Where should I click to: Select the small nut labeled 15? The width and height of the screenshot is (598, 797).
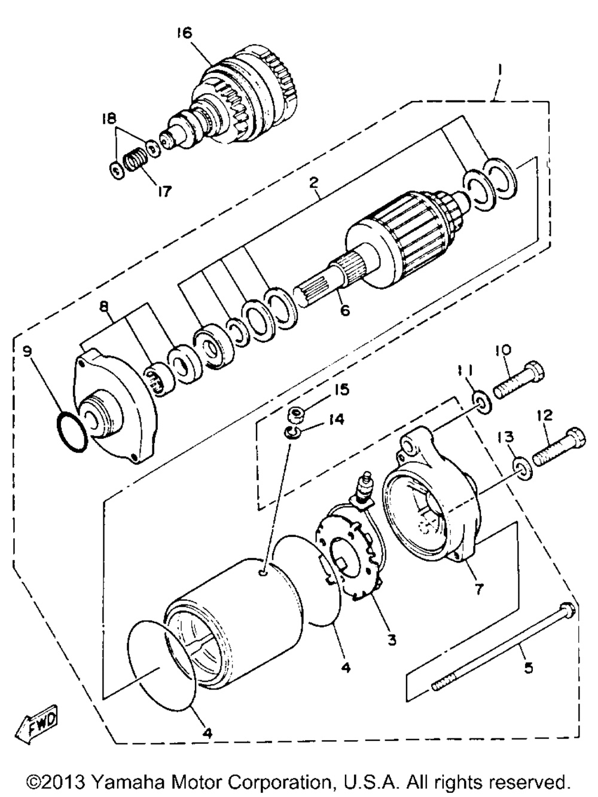click(x=295, y=414)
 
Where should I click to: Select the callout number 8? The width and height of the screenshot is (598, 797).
click(x=105, y=306)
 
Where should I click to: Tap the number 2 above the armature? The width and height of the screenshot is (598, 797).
click(x=313, y=183)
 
